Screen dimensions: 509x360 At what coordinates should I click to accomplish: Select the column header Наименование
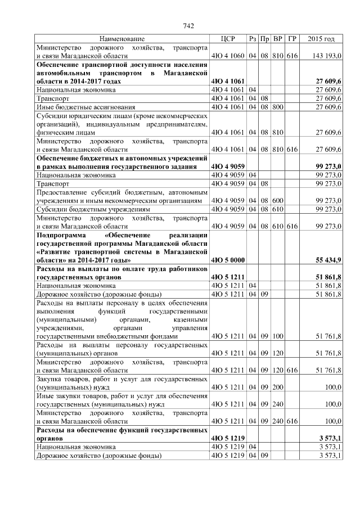tap(122, 39)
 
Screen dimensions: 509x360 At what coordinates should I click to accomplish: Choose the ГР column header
tap(291, 39)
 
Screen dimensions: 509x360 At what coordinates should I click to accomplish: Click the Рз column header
tap(253, 39)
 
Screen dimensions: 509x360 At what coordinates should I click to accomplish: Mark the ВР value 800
tap(277, 106)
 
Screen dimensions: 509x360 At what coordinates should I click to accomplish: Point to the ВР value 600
tap(277, 200)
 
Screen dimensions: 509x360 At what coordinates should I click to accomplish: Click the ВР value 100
tap(277, 336)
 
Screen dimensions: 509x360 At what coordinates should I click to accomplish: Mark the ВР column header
tap(277, 39)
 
